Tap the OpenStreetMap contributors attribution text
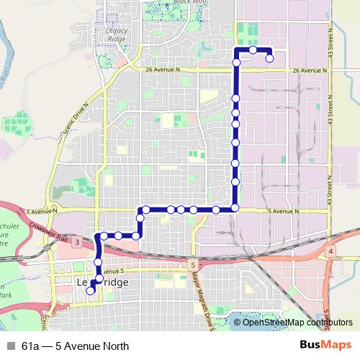294,322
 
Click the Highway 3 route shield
76,242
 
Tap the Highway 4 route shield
330,251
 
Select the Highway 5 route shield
194,266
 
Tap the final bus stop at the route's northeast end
269,59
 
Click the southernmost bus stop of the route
91,291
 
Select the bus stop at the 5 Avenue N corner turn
235,209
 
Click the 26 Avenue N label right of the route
310,71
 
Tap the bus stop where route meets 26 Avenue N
235,63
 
